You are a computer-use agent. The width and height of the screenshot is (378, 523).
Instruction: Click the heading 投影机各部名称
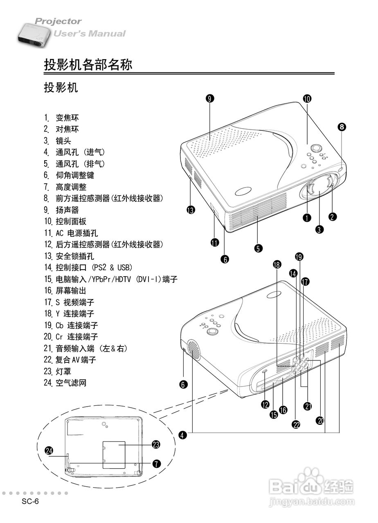(88, 65)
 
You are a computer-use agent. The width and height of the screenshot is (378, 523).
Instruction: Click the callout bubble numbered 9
(210, 98)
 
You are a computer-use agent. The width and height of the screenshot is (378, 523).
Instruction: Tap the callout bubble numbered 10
(307, 98)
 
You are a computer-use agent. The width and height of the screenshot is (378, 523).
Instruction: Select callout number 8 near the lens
(342, 127)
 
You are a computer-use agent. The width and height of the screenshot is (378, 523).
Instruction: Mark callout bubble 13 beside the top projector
(190, 210)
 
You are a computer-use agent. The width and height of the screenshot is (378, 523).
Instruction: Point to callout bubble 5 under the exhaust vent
(258, 248)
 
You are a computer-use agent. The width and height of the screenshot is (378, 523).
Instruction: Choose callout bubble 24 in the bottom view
(49, 451)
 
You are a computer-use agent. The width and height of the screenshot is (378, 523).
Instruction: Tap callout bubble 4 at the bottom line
(183, 435)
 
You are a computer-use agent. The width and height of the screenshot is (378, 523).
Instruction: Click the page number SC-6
(30, 502)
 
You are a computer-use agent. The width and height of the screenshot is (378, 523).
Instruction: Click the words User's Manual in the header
(90, 34)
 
